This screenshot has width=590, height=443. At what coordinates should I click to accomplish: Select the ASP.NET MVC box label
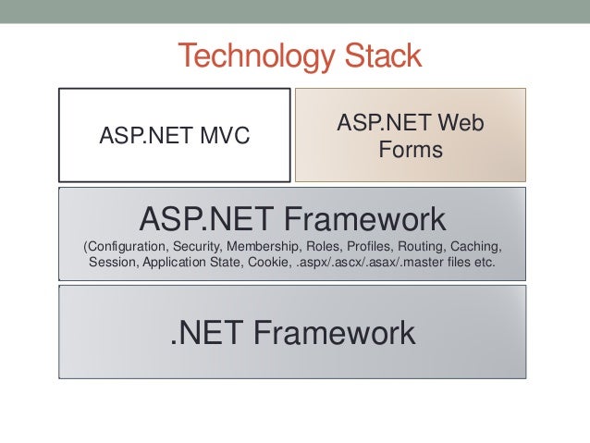pos(175,138)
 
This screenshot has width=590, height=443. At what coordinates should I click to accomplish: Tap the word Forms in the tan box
pos(411,149)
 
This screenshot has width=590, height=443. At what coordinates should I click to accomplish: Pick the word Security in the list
pos(197,248)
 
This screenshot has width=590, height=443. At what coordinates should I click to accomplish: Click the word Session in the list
pos(113,264)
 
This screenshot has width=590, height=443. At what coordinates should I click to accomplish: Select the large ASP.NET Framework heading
pos(292,219)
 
